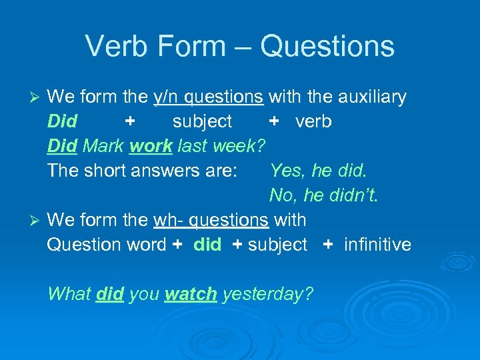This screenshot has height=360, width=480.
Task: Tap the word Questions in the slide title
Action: (327, 47)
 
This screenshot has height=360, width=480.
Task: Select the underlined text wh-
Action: (167, 220)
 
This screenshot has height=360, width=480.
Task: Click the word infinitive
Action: (377, 245)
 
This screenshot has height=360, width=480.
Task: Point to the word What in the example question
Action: (69, 294)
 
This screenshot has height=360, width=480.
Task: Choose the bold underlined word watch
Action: (191, 294)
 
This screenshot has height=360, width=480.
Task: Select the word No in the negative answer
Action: (281, 195)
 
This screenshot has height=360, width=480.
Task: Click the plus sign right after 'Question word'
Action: (177, 245)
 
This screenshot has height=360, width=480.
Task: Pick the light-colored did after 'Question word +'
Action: (207, 245)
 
